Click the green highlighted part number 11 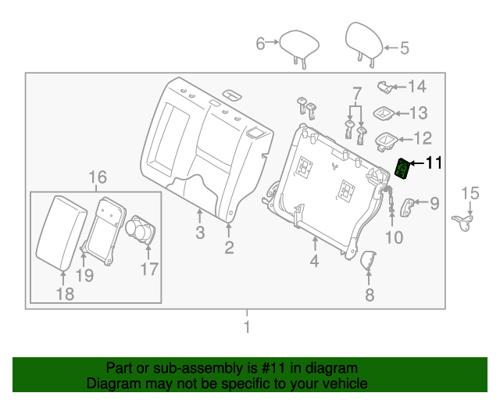point(403,169)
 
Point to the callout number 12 point(421,139)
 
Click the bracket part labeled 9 point(408,205)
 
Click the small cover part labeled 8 point(368,261)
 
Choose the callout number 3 point(200,233)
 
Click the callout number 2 point(229,248)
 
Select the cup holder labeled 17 point(141,233)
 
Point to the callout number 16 point(96,177)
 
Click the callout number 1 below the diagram point(247,328)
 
